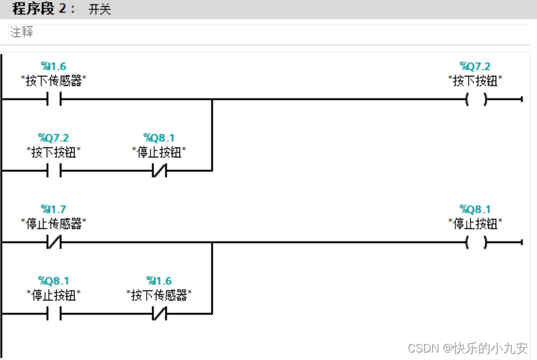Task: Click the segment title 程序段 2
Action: [x=42, y=10]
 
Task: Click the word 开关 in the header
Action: [x=100, y=11]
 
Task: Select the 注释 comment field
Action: [x=23, y=32]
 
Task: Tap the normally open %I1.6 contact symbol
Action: [x=54, y=99]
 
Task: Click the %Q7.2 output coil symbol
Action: [x=476, y=99]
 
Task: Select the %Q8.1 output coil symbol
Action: [x=476, y=242]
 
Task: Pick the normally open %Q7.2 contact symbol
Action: [x=54, y=171]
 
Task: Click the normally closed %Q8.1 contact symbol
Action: [x=159, y=171]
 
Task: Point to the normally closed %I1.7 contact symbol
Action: [x=54, y=242]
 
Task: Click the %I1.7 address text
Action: [x=54, y=209]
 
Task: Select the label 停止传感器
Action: [x=54, y=223]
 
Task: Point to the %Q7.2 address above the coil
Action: [x=475, y=66]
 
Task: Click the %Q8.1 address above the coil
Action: [x=475, y=209]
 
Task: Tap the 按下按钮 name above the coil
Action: [x=476, y=80]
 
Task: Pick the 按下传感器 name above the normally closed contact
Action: [x=159, y=294]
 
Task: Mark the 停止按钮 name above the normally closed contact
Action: [x=159, y=152]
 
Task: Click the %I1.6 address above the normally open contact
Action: [x=54, y=66]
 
